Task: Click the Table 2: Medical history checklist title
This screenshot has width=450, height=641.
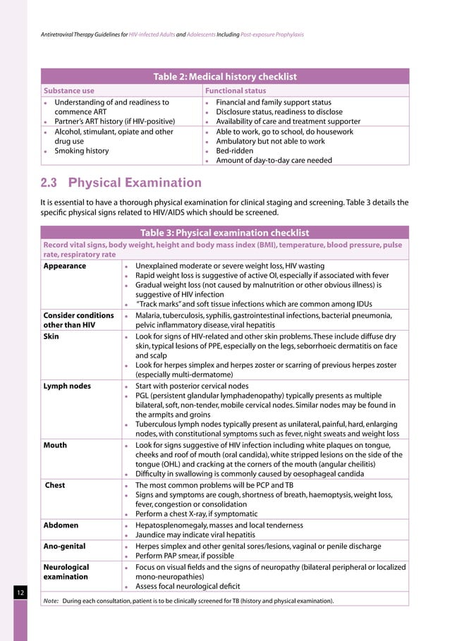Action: click(x=225, y=77)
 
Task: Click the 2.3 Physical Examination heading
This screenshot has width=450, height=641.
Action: click(x=121, y=183)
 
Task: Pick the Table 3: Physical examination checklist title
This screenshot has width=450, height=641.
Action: click(x=225, y=233)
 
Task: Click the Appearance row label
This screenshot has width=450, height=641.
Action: click(x=65, y=266)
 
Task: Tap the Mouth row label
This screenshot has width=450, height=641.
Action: click(x=56, y=445)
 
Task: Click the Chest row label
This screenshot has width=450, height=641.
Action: click(x=56, y=485)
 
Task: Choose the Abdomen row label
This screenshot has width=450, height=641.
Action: click(x=61, y=525)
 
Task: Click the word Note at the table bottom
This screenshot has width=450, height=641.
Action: click(x=51, y=601)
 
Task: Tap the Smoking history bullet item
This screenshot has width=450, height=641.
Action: click(x=82, y=150)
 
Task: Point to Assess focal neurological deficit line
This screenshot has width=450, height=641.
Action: click(x=188, y=586)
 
